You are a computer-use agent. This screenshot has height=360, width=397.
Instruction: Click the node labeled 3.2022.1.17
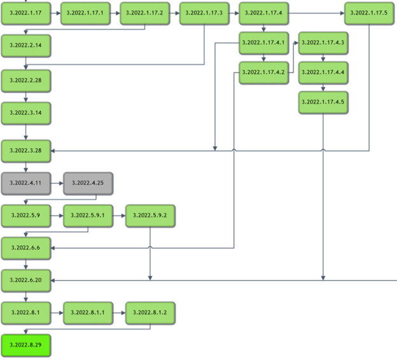pos(26,13)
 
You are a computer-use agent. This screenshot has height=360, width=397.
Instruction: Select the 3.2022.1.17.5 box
pos(369,13)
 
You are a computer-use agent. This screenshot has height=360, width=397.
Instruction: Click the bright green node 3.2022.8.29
pos(26,346)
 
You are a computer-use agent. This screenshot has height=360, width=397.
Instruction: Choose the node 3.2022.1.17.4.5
pos(324,102)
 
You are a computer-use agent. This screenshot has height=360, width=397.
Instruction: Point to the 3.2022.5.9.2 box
pos(150,216)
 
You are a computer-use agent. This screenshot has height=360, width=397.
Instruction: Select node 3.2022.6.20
pos(26,280)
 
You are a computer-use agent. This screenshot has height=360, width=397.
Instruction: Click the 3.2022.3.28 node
pos(26,150)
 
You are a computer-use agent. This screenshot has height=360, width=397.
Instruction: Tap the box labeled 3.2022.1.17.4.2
pos(263,73)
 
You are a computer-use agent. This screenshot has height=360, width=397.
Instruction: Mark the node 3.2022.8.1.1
pos(88,313)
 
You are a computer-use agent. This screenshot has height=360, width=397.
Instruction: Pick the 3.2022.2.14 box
pos(26,46)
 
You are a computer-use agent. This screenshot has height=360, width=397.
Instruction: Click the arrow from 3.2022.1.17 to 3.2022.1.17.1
pos(56,13)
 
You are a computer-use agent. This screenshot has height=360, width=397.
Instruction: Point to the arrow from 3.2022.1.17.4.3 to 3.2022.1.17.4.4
pos(324,57)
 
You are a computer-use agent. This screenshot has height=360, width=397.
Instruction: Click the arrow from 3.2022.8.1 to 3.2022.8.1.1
pos(57,313)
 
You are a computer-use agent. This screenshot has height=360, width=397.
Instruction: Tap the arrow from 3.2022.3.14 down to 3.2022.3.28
pos(26,132)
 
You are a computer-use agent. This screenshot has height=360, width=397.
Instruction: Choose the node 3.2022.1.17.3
pos(204,13)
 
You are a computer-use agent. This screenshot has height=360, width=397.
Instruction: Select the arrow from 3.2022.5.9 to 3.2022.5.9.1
pos(57,216)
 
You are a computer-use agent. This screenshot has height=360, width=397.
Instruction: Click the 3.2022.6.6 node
pos(26,247)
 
